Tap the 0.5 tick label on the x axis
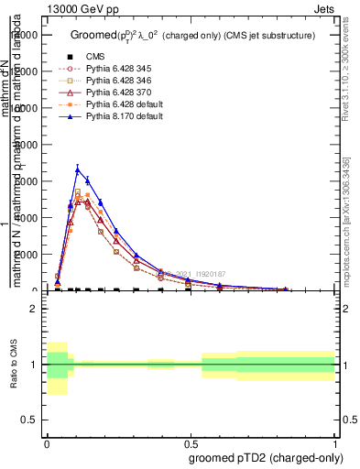191,442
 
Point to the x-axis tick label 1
334,442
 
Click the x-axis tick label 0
47,442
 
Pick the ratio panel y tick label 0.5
29,420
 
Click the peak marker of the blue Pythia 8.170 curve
79,169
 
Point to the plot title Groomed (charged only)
192,35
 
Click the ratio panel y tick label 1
34,365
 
